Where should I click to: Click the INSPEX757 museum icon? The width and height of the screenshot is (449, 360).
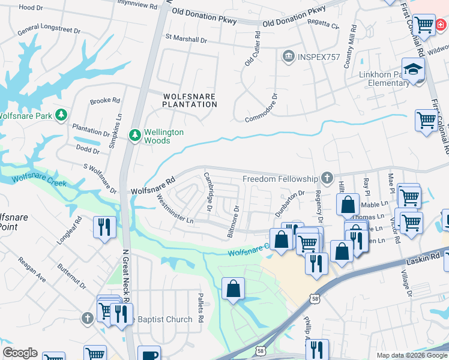click(288, 57)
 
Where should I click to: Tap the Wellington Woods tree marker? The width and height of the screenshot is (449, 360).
click(135, 133)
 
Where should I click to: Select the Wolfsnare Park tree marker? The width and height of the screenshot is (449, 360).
click(61, 114)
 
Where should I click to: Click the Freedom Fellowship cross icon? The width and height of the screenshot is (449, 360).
click(327, 178)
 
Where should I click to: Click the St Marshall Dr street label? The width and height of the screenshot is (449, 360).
click(186, 37)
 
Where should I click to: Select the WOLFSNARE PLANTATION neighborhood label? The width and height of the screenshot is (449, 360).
click(189, 100)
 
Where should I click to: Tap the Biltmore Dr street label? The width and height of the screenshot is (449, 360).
click(234, 221)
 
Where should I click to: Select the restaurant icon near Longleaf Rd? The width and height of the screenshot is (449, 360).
click(105, 227)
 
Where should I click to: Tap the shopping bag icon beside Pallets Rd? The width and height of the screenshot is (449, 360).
click(232, 289)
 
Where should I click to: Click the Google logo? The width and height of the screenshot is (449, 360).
click(20, 353)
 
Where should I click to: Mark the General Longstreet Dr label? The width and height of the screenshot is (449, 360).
click(49, 30)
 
